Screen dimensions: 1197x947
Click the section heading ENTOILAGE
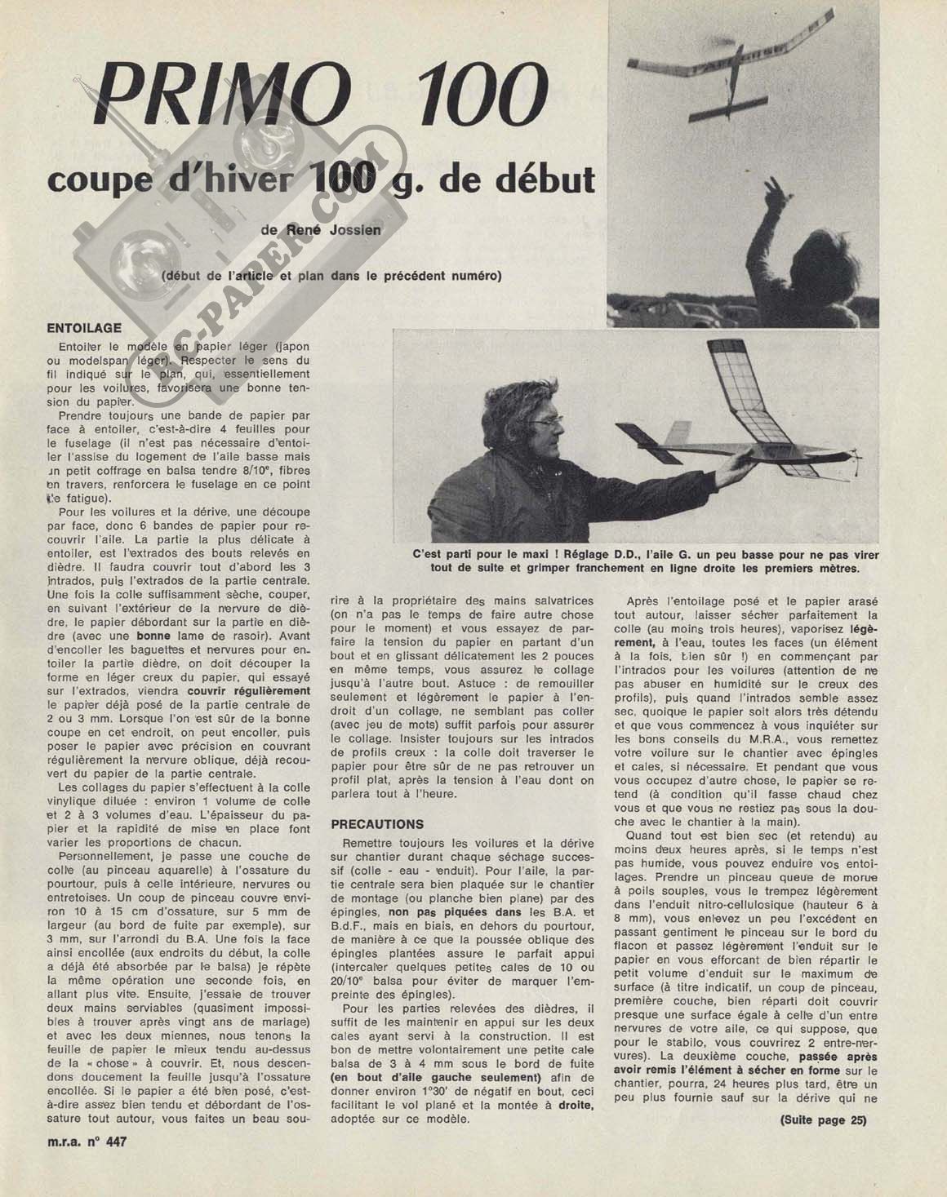[84, 328]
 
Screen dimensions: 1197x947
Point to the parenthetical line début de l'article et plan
[331, 275]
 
